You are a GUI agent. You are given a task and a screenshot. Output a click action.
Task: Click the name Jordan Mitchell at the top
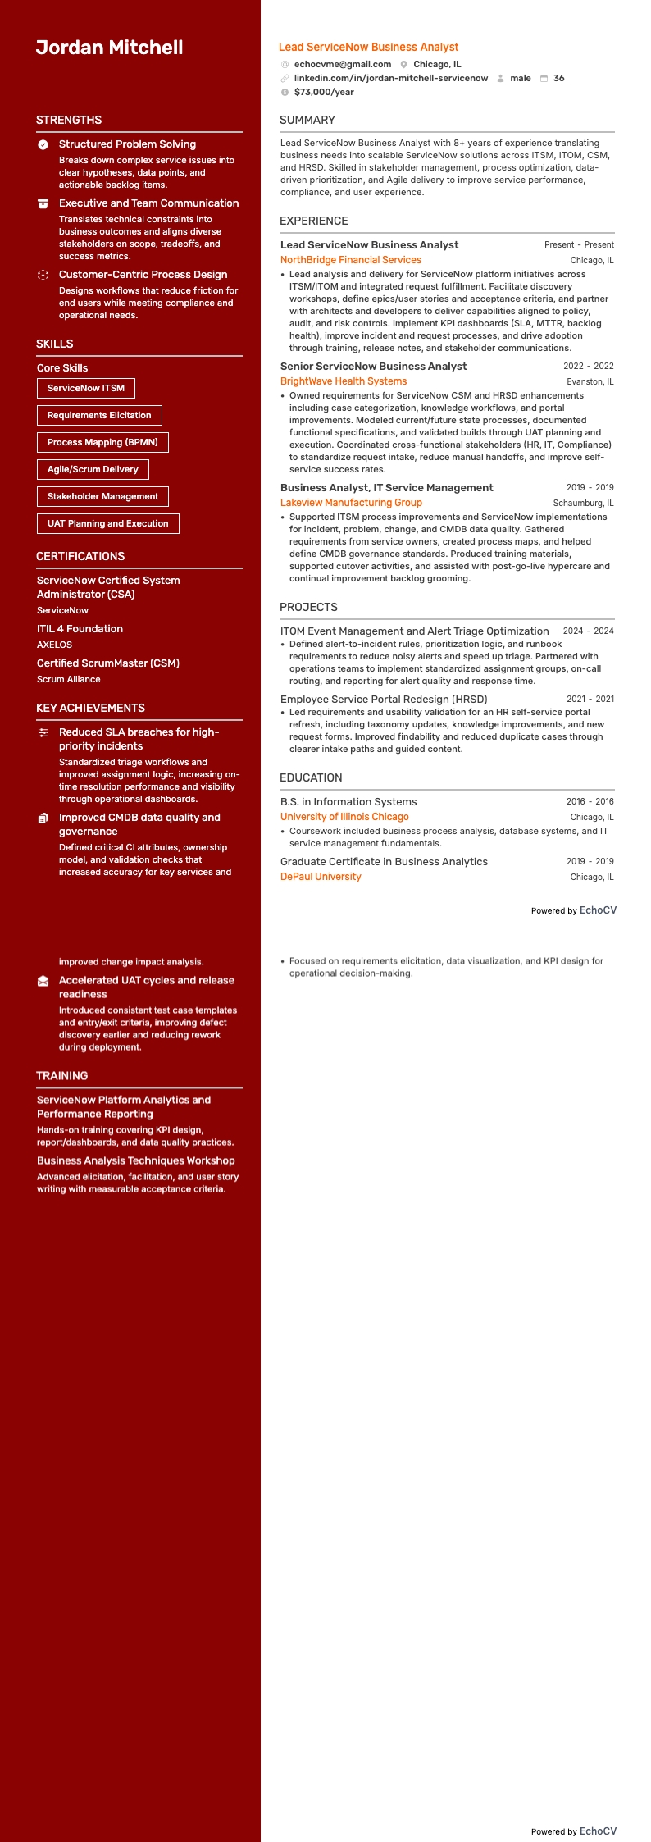109,48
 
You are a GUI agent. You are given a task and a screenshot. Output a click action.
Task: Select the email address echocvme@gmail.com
342,64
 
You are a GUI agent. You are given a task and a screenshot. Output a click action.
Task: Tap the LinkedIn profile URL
390,78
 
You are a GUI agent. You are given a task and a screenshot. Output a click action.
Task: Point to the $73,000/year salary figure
324,92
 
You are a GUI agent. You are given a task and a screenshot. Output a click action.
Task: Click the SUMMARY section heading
307,120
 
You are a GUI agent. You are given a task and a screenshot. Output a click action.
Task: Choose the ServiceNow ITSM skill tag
86,388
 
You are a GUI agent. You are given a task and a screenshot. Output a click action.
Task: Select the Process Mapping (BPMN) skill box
102,442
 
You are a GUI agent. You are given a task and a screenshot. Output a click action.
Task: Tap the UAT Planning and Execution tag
107,523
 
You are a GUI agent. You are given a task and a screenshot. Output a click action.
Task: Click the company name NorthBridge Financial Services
350,260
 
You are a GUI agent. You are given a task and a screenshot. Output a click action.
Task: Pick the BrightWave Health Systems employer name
343,381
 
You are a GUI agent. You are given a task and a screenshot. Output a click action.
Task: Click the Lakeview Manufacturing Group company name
351,503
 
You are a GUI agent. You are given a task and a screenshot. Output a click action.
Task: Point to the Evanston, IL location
590,381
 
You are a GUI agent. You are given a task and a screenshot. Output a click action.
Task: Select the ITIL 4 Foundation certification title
80,629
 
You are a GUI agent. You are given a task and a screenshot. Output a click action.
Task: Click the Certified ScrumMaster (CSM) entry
107,663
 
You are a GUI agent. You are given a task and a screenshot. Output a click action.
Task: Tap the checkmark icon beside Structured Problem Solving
43,144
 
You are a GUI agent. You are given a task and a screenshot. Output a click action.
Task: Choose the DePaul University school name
321,877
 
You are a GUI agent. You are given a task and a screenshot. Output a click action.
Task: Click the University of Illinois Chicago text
344,817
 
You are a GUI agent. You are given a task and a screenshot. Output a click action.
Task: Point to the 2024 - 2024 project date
588,631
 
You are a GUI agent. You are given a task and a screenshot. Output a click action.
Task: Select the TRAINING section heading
61,1076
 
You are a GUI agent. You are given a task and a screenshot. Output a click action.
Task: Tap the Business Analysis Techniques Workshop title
135,1161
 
